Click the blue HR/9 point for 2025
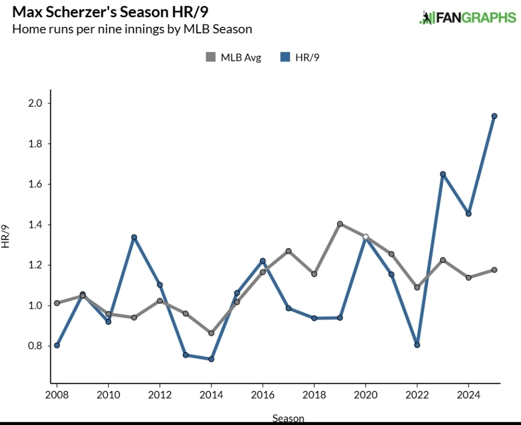(494, 116)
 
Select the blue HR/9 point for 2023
(443, 174)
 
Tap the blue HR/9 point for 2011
(134, 237)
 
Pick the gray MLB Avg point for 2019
(340, 224)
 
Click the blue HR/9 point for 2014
(211, 359)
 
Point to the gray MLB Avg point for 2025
(494, 270)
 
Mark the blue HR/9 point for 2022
(417, 345)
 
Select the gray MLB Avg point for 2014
(211, 333)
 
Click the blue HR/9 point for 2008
(57, 345)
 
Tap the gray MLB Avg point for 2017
(288, 251)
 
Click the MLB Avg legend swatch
(211, 57)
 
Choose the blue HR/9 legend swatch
(285, 57)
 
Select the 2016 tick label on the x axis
(263, 395)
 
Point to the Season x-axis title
(288, 418)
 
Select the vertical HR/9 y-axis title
(6, 236)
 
